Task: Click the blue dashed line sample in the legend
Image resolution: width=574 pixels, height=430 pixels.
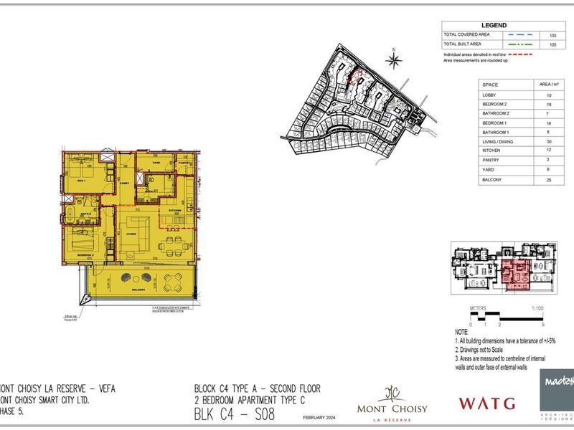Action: coord(518,34)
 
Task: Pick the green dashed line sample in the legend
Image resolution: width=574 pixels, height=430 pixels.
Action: coord(518,44)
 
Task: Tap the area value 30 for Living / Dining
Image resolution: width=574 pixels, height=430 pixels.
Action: coord(548,141)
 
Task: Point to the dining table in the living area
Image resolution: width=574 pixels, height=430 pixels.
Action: coord(171,245)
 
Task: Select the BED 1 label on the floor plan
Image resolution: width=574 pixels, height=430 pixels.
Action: coord(81,181)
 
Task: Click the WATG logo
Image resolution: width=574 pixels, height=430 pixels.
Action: coord(487,403)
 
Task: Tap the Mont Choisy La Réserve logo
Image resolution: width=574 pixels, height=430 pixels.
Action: coord(392,405)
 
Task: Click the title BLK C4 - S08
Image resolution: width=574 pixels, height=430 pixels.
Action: coord(234,414)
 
